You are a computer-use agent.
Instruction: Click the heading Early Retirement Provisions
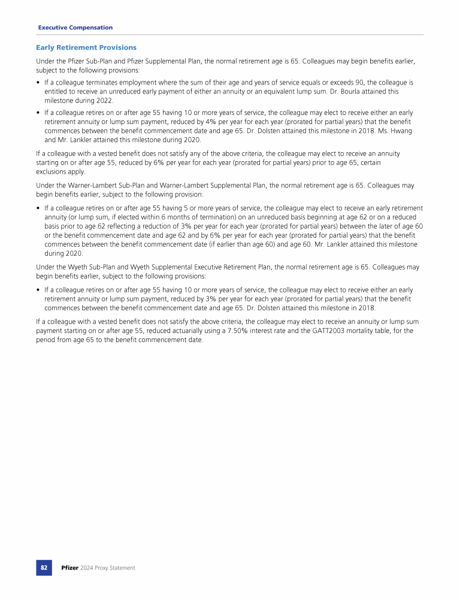pyautogui.click(x=86, y=47)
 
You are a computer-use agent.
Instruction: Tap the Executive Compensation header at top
pyautogui.click(x=75, y=28)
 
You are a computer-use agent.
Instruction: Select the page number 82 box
pyautogui.click(x=44, y=567)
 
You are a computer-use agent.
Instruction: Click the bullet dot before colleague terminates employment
pyautogui.click(x=38, y=82)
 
